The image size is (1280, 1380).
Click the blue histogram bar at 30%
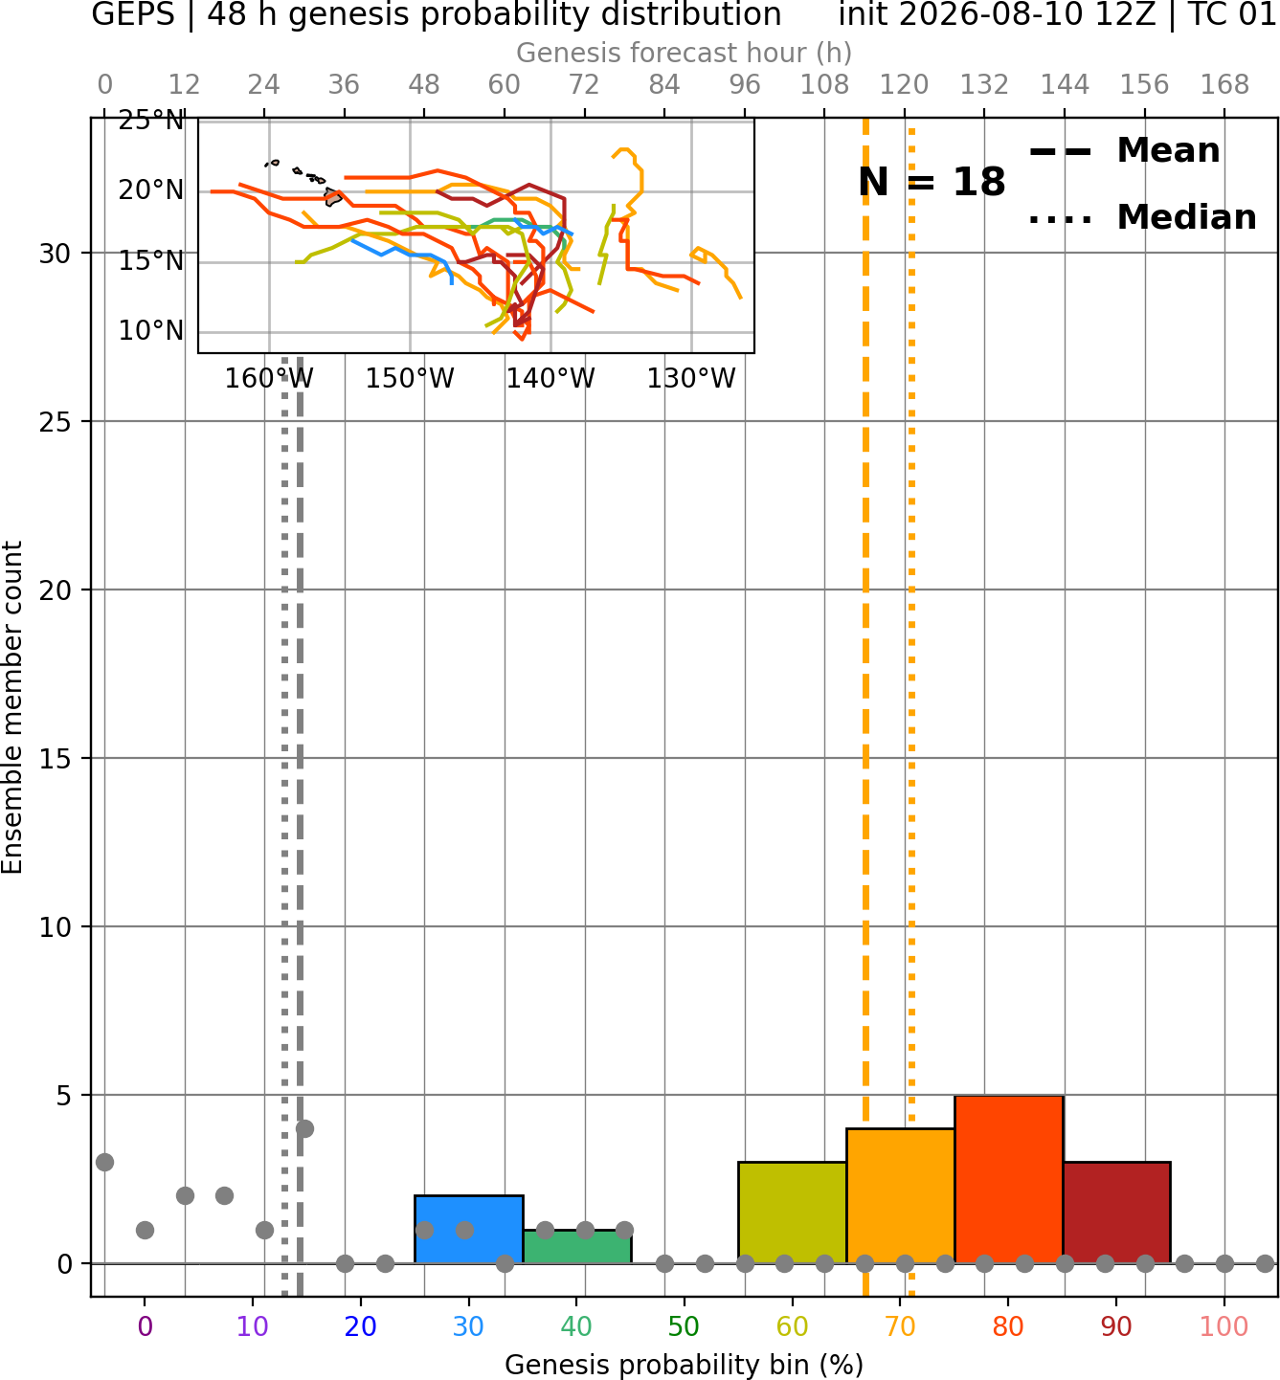click(x=468, y=1229)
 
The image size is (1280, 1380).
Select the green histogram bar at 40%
click(x=577, y=1247)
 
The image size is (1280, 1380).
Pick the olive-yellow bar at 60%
click(x=793, y=1213)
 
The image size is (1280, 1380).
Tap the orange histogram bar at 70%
click(x=901, y=1196)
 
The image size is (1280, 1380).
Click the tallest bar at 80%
click(x=1009, y=1179)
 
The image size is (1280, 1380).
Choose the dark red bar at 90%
click(x=1116, y=1213)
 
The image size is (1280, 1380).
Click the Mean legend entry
click(x=1124, y=151)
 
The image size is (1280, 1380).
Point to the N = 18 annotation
click(x=932, y=182)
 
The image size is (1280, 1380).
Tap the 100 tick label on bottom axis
click(x=1224, y=1326)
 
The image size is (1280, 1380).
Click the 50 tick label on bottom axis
click(x=684, y=1326)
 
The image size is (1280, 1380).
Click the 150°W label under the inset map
click(x=410, y=379)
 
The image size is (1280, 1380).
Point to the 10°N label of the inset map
click(x=151, y=331)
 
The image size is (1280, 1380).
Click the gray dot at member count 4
click(x=304, y=1128)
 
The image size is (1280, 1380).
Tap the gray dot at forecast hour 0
click(x=105, y=1162)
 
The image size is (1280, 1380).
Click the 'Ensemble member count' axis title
click(x=11, y=707)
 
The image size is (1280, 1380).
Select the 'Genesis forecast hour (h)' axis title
click(x=685, y=53)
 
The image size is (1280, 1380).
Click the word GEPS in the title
click(x=133, y=14)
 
